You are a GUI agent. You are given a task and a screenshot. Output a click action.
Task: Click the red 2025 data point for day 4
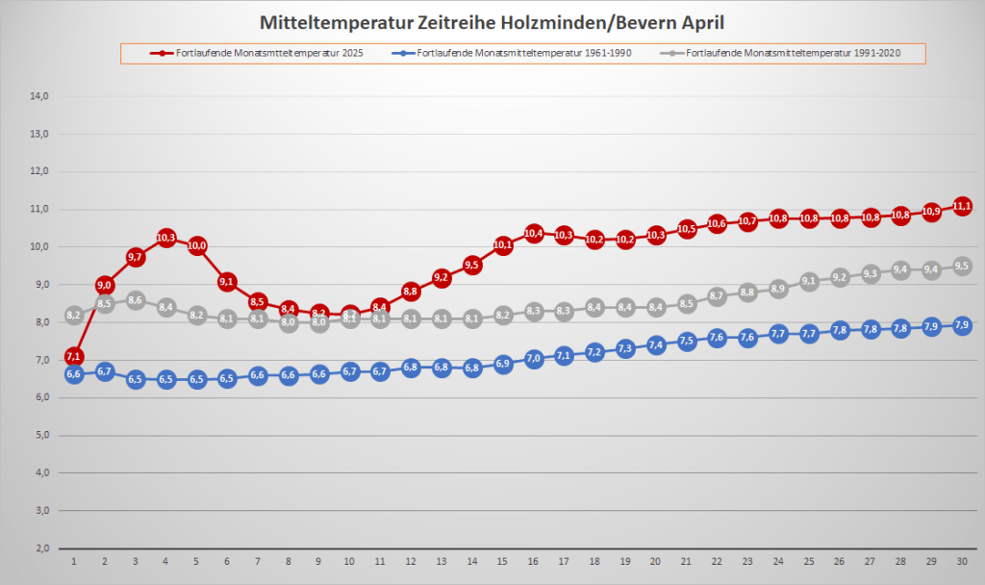[x=165, y=238]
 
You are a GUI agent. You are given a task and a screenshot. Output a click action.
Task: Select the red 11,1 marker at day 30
[x=962, y=206]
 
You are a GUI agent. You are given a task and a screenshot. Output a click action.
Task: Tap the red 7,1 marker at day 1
[x=74, y=357]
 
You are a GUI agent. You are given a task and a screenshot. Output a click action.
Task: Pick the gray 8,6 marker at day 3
[x=135, y=300]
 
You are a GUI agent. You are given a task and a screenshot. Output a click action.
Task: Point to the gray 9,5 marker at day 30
[x=962, y=267]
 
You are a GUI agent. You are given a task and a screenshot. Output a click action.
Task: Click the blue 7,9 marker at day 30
[x=962, y=326]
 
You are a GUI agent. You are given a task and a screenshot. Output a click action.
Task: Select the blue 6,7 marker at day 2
[x=105, y=371]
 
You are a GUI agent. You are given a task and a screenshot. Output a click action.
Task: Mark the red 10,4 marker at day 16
[x=534, y=233]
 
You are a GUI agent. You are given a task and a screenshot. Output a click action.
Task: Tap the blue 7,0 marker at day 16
[x=534, y=359]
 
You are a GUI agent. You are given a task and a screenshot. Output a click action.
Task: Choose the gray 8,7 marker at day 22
[x=717, y=296]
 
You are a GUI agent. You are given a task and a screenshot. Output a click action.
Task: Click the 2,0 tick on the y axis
[x=42, y=547]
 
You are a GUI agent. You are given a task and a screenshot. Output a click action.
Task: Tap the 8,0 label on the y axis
[x=42, y=322]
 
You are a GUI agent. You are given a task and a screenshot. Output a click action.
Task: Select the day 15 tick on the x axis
[x=503, y=561]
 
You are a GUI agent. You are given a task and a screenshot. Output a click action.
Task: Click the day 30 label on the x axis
[x=962, y=561]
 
